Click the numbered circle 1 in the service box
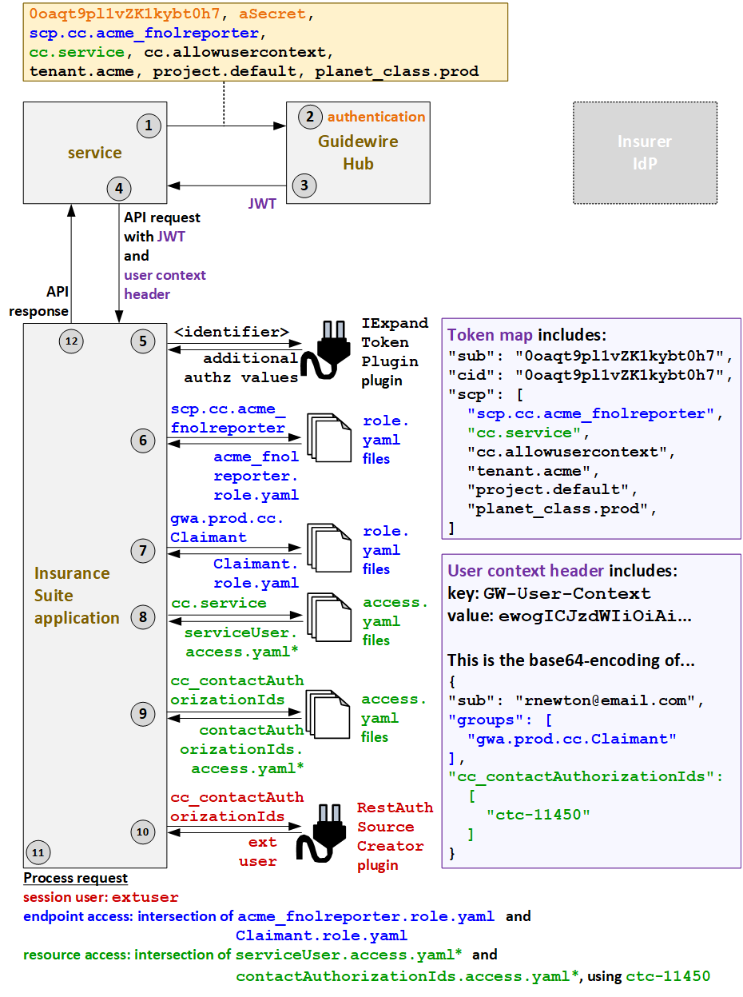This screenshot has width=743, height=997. [148, 125]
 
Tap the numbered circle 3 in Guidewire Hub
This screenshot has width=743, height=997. [304, 185]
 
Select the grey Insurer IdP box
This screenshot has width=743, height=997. [645, 152]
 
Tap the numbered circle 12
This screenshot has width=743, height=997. [71, 341]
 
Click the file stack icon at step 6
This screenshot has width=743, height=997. [328, 439]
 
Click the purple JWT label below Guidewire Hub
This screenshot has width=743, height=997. [262, 204]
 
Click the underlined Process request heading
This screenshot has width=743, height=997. [75, 878]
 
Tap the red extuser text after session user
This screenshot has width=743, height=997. [145, 897]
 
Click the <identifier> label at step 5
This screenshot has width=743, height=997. [231, 332]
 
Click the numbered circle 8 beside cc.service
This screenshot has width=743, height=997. [143, 616]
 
